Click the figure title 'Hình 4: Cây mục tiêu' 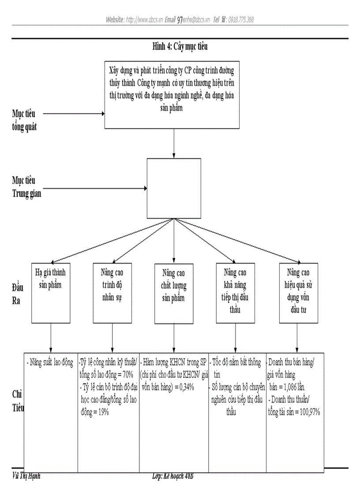(180, 46)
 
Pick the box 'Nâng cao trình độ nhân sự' (112, 293)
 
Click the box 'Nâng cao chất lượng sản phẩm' (173, 293)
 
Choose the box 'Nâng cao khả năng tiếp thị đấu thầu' (235, 293)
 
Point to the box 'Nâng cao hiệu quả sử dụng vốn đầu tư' (299, 293)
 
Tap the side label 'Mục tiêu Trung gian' (26, 187)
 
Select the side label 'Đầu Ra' (18, 294)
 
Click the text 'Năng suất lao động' (50, 363)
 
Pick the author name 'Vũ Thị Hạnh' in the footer (26, 476)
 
